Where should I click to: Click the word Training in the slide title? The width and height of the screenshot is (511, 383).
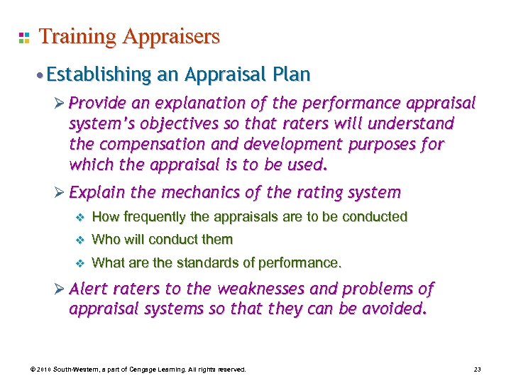tap(79, 36)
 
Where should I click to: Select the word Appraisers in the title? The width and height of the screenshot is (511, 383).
tap(171, 36)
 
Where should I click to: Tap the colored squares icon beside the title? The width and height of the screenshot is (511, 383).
tap(23, 37)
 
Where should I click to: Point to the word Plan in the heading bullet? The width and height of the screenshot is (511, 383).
tap(292, 74)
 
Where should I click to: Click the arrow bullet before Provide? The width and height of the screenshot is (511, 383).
tap(60, 104)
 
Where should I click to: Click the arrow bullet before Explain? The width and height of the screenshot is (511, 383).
tap(60, 193)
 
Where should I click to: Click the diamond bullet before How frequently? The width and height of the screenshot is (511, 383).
tap(80, 217)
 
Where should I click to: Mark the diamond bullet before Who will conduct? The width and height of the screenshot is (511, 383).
tap(80, 240)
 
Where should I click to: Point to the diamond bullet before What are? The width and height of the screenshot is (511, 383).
tap(80, 263)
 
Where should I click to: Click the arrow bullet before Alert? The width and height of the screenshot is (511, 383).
tap(60, 289)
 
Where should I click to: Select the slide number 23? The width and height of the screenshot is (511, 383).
tap(476, 370)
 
